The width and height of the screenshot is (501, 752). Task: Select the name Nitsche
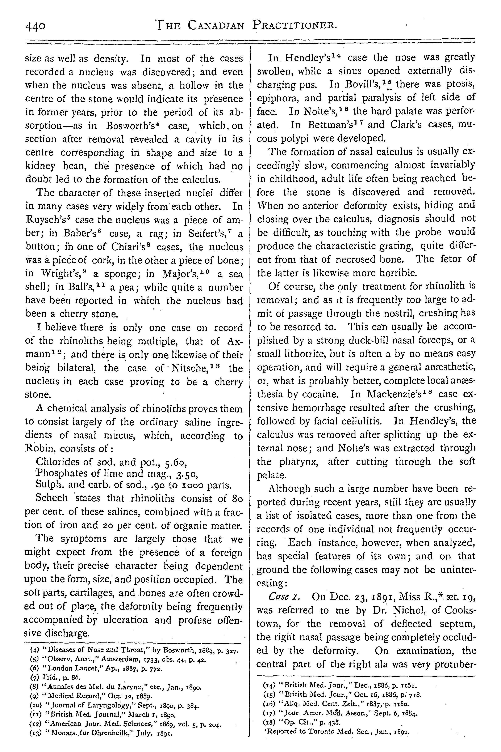click(191, 368)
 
